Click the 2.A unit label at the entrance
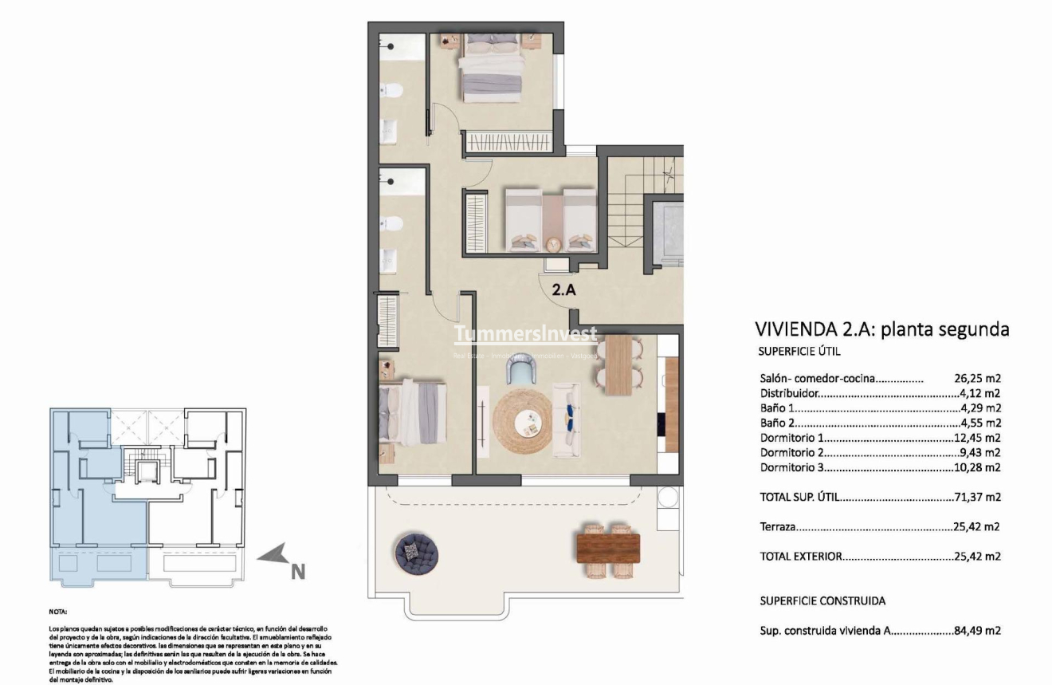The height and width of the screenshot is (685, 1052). pos(563,291)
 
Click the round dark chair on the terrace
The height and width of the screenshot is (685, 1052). pos(412,549)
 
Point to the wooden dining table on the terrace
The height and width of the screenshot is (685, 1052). pos(608,549)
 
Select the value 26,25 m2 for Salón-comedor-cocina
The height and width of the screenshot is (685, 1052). pos(977,379)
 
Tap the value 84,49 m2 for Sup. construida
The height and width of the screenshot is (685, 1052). pos(977,631)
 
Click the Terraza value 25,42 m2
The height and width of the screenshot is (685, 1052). pos(977,527)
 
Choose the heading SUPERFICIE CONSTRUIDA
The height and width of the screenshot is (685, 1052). pos(822,600)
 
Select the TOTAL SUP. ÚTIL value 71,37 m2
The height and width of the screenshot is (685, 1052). pos(977,498)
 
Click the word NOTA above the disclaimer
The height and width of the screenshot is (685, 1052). pos(57,612)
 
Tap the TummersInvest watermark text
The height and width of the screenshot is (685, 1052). pos(525,334)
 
